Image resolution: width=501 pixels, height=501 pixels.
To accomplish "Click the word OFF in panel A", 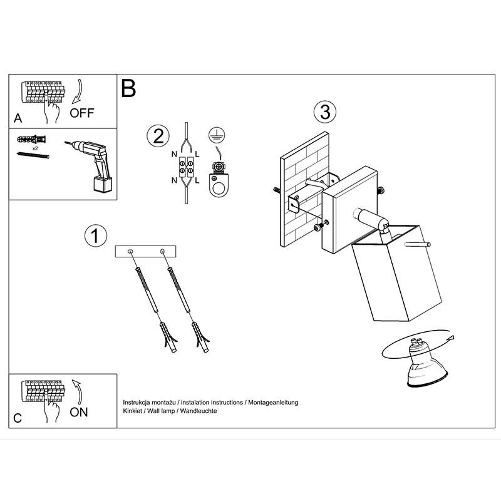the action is coord(82,113).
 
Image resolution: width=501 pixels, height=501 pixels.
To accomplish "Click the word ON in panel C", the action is coord(79,412).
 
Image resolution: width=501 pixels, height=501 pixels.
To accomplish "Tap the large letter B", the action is coord(128,88).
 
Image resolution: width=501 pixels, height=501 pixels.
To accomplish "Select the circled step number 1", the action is coord(95,236).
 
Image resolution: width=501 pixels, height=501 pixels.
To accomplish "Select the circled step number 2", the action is coord(158,136).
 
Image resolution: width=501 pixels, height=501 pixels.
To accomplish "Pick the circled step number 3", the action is coord(325,112).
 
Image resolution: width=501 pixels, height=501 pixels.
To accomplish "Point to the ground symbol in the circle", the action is coord(217,135).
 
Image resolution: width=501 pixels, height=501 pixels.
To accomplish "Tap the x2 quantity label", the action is coord(35,148).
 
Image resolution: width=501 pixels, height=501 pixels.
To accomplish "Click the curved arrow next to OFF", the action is coord(77,91).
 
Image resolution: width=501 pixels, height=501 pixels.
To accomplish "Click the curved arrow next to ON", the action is coord(77,392).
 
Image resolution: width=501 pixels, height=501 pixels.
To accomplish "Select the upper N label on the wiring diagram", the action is coord(174,154).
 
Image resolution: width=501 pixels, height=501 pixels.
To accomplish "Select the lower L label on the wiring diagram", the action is coord(197,180).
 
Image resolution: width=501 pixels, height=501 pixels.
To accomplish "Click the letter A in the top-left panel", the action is coord(18,118).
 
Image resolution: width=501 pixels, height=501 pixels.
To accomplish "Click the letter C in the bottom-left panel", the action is coord(18,418).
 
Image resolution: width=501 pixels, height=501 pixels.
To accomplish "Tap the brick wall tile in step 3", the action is coord(304,189).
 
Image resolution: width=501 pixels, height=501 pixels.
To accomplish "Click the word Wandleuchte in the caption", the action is coord(199,411).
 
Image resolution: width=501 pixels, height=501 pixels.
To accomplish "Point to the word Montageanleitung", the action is coord(273,403).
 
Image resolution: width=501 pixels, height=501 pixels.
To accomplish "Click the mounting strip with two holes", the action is coord(145,252).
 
